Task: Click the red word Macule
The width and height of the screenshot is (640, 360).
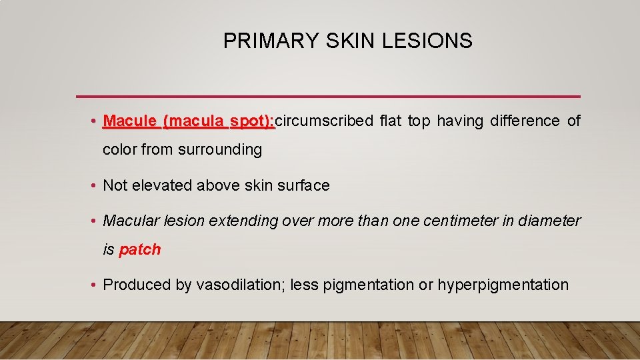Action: click(x=130, y=121)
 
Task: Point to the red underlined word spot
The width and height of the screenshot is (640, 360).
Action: click(x=251, y=121)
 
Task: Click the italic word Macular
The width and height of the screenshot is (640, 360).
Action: click(x=130, y=221)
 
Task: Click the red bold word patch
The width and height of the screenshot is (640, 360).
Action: click(x=140, y=250)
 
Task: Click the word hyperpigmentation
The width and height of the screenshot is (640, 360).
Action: click(x=503, y=285)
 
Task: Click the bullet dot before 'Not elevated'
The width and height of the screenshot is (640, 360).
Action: click(x=95, y=186)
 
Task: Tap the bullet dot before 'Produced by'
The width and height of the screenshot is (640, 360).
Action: click(x=95, y=285)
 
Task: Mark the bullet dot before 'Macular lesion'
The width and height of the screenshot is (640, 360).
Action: click(x=95, y=221)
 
